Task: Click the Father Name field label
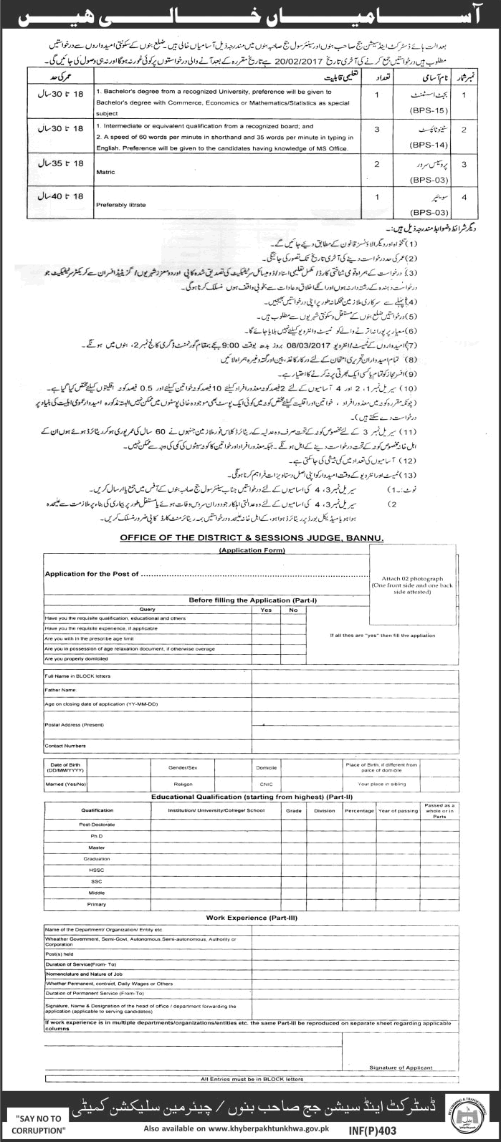point(60,690)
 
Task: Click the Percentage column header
point(358,810)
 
